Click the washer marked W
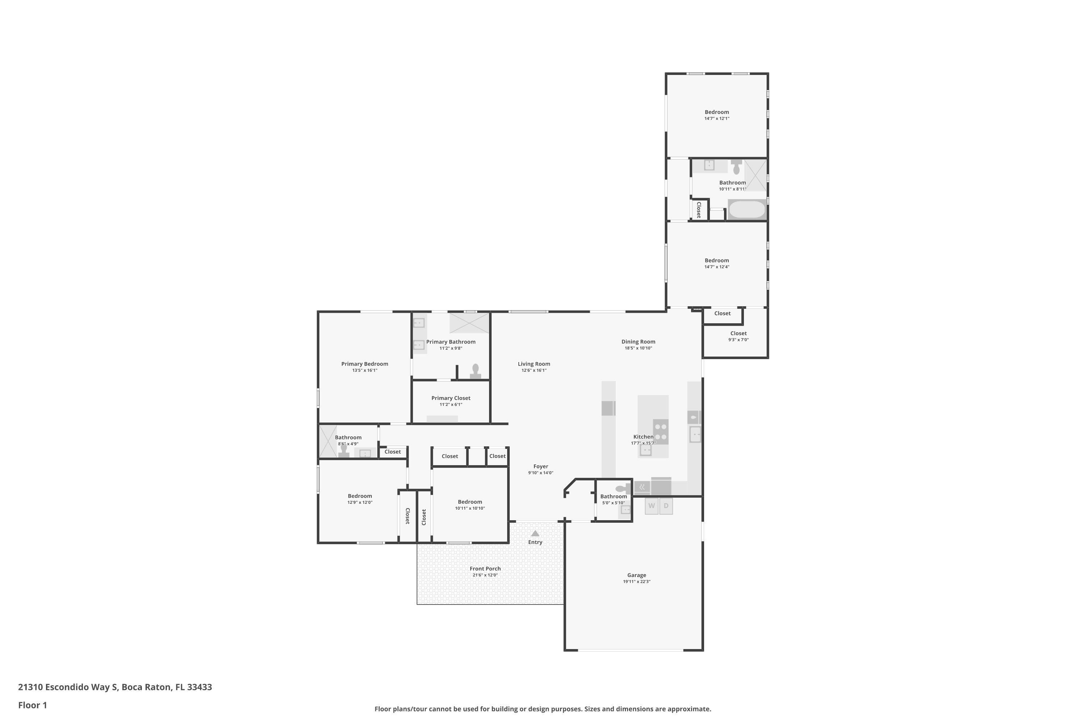click(x=652, y=506)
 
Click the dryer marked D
click(x=666, y=506)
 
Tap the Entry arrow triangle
click(x=535, y=533)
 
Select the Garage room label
click(x=636, y=575)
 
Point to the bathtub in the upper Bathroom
click(x=746, y=209)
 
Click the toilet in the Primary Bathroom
click(x=476, y=370)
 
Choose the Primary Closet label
click(x=451, y=398)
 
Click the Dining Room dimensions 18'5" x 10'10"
click(x=638, y=348)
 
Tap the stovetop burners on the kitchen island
click(x=661, y=432)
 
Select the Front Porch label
click(x=485, y=568)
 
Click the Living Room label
click(x=534, y=364)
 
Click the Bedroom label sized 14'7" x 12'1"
click(x=717, y=112)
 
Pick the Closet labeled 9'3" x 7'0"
click(x=738, y=333)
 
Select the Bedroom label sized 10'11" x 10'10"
click(x=470, y=502)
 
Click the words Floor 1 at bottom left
click(x=32, y=705)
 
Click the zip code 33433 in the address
click(x=199, y=687)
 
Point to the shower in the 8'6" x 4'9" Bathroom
click(x=328, y=441)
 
